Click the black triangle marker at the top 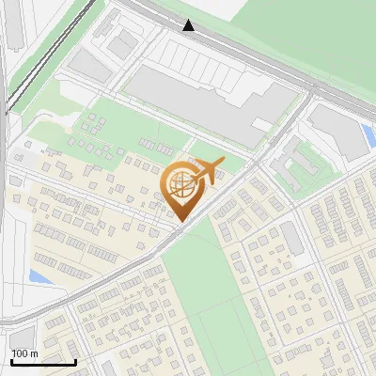pyautogui.click(x=189, y=25)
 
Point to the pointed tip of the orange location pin pyautogui.click(x=179, y=220)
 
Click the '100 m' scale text pyautogui.click(x=24, y=353)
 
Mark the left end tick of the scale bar pyautogui.click(x=11, y=361)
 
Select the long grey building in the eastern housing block pyautogui.click(x=292, y=239)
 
